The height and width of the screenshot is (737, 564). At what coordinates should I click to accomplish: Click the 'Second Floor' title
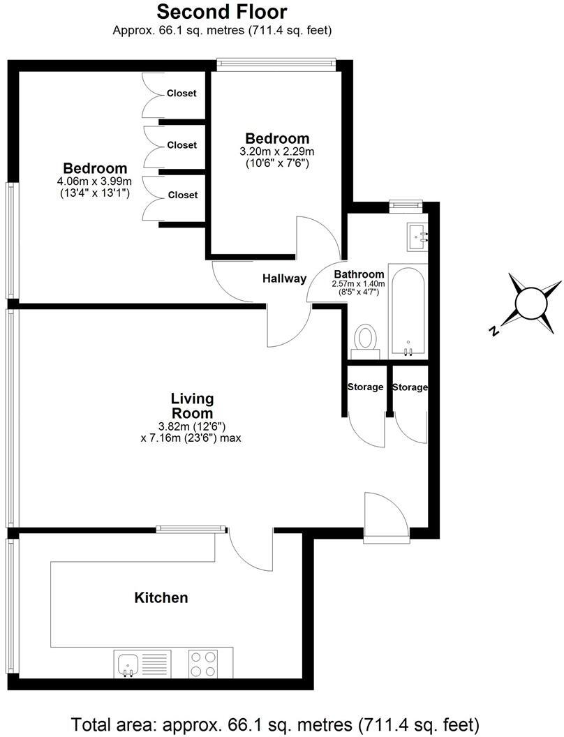pyautogui.click(x=221, y=12)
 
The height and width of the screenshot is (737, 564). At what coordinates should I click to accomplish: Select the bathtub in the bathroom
pyautogui.click(x=406, y=311)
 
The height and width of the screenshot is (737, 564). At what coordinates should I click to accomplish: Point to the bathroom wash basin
pyautogui.click(x=418, y=237)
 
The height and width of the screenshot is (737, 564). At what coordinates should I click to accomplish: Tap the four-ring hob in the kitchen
pyautogui.click(x=203, y=663)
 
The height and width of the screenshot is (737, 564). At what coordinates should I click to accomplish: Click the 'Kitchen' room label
pyautogui.click(x=161, y=598)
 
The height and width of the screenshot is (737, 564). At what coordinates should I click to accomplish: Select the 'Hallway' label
pyautogui.click(x=284, y=278)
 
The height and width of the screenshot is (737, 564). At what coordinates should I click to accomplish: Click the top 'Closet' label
pyautogui.click(x=181, y=94)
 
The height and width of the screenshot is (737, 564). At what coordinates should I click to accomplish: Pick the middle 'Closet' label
pyautogui.click(x=181, y=145)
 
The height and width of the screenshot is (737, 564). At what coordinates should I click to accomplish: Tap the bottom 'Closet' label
pyautogui.click(x=181, y=195)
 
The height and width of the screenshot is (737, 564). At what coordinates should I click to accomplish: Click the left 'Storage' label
pyautogui.click(x=365, y=387)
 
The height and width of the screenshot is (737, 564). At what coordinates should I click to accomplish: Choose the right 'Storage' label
pyautogui.click(x=410, y=387)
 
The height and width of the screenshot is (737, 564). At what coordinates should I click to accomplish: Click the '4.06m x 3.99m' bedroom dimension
pyautogui.click(x=95, y=181)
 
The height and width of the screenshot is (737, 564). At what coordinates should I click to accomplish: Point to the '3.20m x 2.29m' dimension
pyautogui.click(x=277, y=151)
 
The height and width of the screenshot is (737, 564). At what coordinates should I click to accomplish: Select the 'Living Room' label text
pyautogui.click(x=192, y=405)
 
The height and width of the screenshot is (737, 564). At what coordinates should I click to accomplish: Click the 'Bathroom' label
pyautogui.click(x=359, y=274)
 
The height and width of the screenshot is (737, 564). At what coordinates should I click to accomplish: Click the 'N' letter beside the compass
pyautogui.click(x=494, y=331)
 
